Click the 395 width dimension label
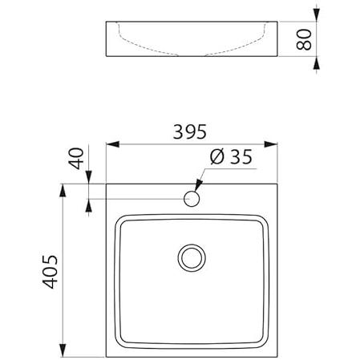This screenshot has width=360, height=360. click(190, 131)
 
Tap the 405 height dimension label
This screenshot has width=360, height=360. click(51, 272)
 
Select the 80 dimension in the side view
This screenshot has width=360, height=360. click(304, 39)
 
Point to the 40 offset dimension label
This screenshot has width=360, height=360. click(77, 158)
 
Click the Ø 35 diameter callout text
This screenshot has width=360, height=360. click(231, 156)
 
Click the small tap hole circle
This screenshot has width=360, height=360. click(192, 199)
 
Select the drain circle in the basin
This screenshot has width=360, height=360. click(192, 258)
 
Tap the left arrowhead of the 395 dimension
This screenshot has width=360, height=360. click(113, 144)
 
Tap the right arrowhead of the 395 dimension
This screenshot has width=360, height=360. click(271, 144)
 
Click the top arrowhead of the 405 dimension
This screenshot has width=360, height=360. click(63, 190)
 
